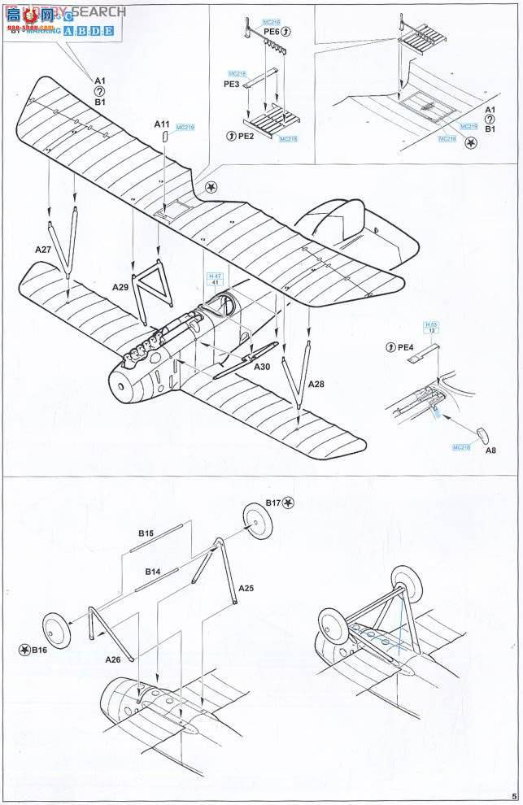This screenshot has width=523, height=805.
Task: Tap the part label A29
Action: pyautogui.click(x=120, y=287)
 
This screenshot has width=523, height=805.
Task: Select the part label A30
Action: pyautogui.click(x=262, y=367)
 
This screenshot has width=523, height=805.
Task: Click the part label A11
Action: pyautogui.click(x=163, y=124)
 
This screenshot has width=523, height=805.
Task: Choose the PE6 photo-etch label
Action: pyautogui.click(x=272, y=31)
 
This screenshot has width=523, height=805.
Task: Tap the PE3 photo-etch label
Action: pyautogui.click(x=232, y=83)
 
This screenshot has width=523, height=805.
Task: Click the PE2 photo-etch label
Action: pyautogui.click(x=246, y=136)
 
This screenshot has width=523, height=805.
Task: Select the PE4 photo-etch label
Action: pyautogui.click(x=405, y=348)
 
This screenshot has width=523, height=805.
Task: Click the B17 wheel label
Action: pyautogui.click(x=273, y=503)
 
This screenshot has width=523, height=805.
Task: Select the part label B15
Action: pyautogui.click(x=146, y=533)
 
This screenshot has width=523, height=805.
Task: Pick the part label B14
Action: pyautogui.click(x=152, y=572)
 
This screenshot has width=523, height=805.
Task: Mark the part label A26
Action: pyautogui.click(x=112, y=659)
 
